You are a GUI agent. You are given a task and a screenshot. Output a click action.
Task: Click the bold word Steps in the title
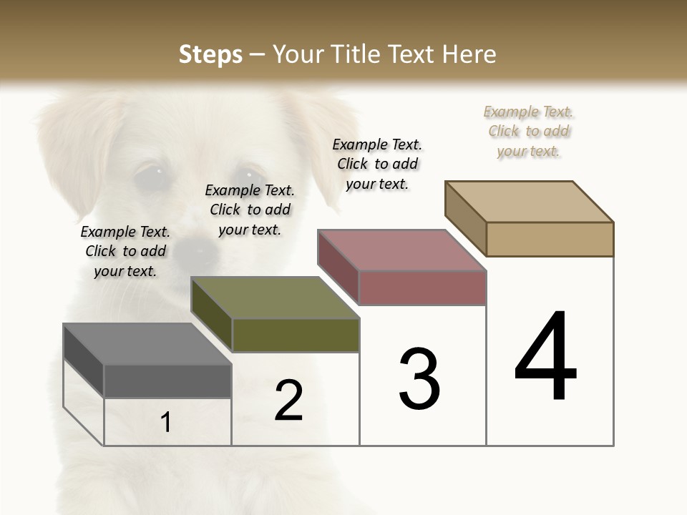(210, 54)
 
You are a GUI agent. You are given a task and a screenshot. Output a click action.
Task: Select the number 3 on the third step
(419, 379)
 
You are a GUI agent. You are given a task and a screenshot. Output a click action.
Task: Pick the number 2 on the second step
(289, 401)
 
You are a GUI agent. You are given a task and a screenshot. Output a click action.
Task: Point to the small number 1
(166, 423)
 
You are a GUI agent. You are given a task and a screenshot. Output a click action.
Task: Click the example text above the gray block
(125, 251)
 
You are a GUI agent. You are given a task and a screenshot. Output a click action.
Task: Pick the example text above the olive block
(250, 210)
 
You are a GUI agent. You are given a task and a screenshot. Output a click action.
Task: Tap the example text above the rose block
(377, 164)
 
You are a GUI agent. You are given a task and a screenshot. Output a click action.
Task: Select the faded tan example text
(528, 131)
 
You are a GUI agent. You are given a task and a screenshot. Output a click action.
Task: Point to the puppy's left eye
(150, 175)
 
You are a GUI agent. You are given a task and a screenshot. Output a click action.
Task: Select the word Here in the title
(471, 54)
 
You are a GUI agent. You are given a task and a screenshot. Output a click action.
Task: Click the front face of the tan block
(550, 239)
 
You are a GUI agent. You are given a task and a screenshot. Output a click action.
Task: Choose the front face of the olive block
(296, 335)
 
